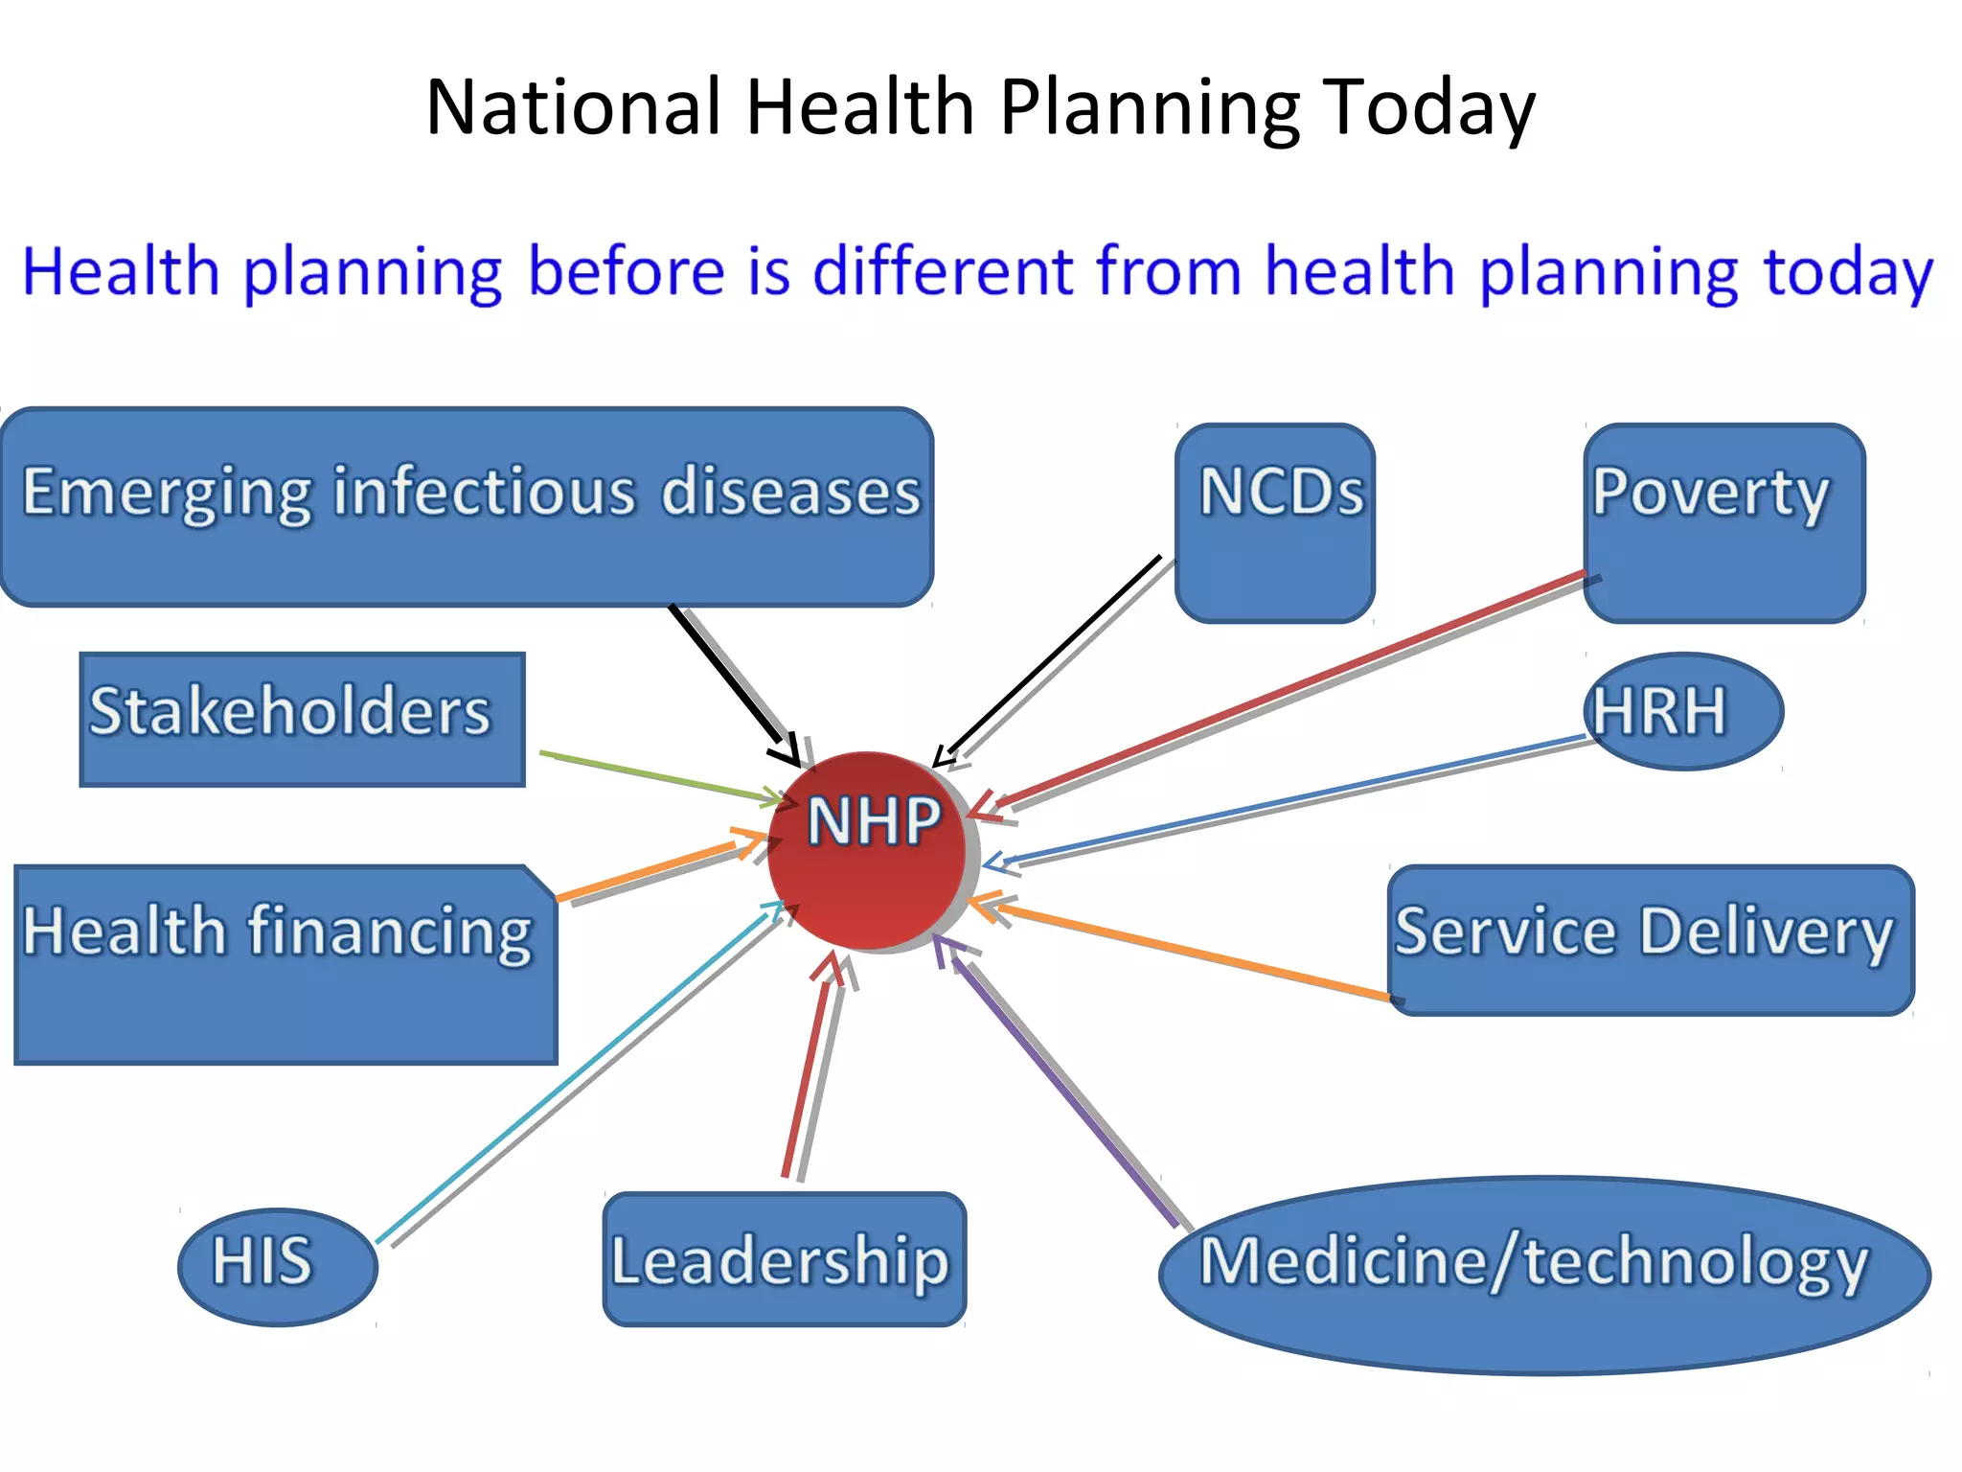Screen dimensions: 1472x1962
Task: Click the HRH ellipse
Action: [1683, 711]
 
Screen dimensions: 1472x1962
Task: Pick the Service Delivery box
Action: [1650, 940]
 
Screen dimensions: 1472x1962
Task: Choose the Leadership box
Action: [785, 1259]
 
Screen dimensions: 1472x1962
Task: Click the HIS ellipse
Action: [278, 1267]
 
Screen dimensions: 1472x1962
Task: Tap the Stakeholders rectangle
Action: [302, 720]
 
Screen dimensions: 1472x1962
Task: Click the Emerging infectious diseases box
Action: [467, 507]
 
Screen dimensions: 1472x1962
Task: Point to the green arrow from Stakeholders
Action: [661, 775]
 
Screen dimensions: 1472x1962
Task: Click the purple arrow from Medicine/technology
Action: [1063, 1089]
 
